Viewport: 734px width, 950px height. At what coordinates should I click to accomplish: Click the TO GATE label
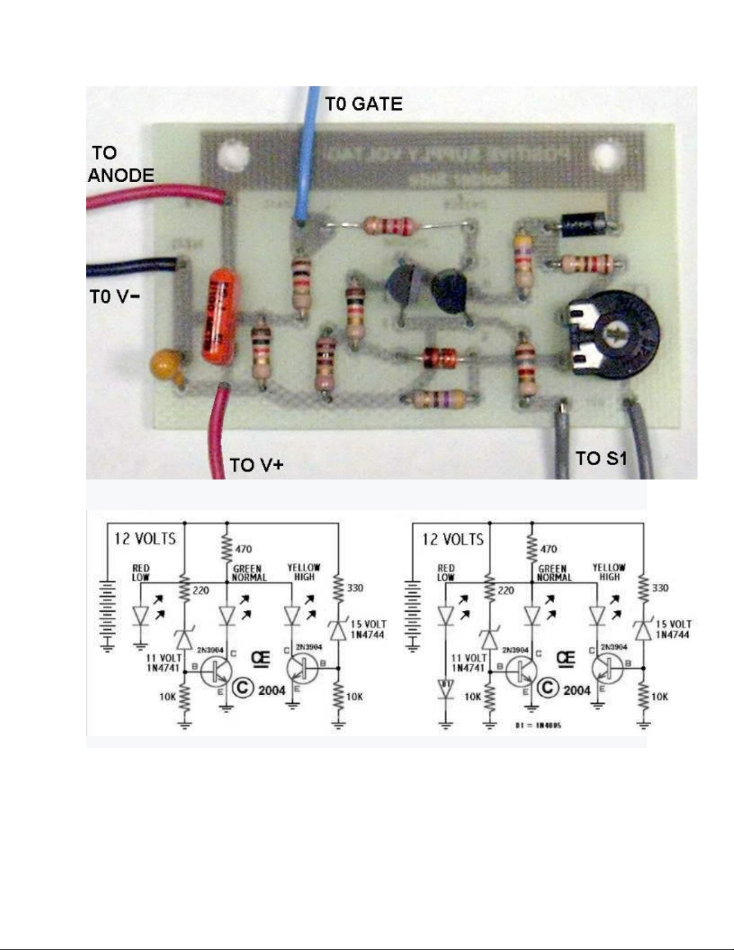(x=364, y=104)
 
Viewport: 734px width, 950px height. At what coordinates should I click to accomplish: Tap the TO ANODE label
(x=120, y=164)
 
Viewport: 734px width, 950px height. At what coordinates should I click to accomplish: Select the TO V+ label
(x=256, y=465)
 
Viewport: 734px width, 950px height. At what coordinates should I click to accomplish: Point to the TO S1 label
(x=601, y=459)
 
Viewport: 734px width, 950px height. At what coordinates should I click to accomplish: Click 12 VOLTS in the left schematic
(x=145, y=538)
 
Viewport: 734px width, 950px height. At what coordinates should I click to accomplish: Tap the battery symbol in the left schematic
(x=108, y=614)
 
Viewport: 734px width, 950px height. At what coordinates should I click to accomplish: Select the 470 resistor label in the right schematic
(x=548, y=548)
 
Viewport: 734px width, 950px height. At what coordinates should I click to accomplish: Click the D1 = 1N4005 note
(x=537, y=726)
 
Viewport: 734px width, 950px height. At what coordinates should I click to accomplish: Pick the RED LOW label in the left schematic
(x=141, y=572)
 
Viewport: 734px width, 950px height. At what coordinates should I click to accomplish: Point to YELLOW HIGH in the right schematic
(x=609, y=572)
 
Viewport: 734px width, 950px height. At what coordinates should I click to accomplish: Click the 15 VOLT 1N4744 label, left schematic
(x=368, y=629)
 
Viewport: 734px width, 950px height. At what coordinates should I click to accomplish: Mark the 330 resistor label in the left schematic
(x=355, y=588)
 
